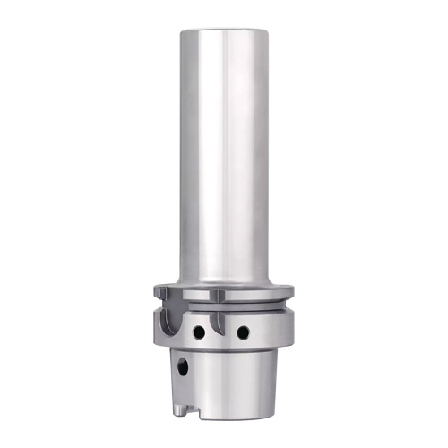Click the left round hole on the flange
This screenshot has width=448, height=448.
[199, 332]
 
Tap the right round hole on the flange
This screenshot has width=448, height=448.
[243, 332]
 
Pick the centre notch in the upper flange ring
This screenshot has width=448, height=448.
[218, 295]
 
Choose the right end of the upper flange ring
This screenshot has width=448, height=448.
[291, 291]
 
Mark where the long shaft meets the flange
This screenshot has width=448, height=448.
[224, 280]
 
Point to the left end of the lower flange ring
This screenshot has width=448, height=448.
[155, 323]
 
